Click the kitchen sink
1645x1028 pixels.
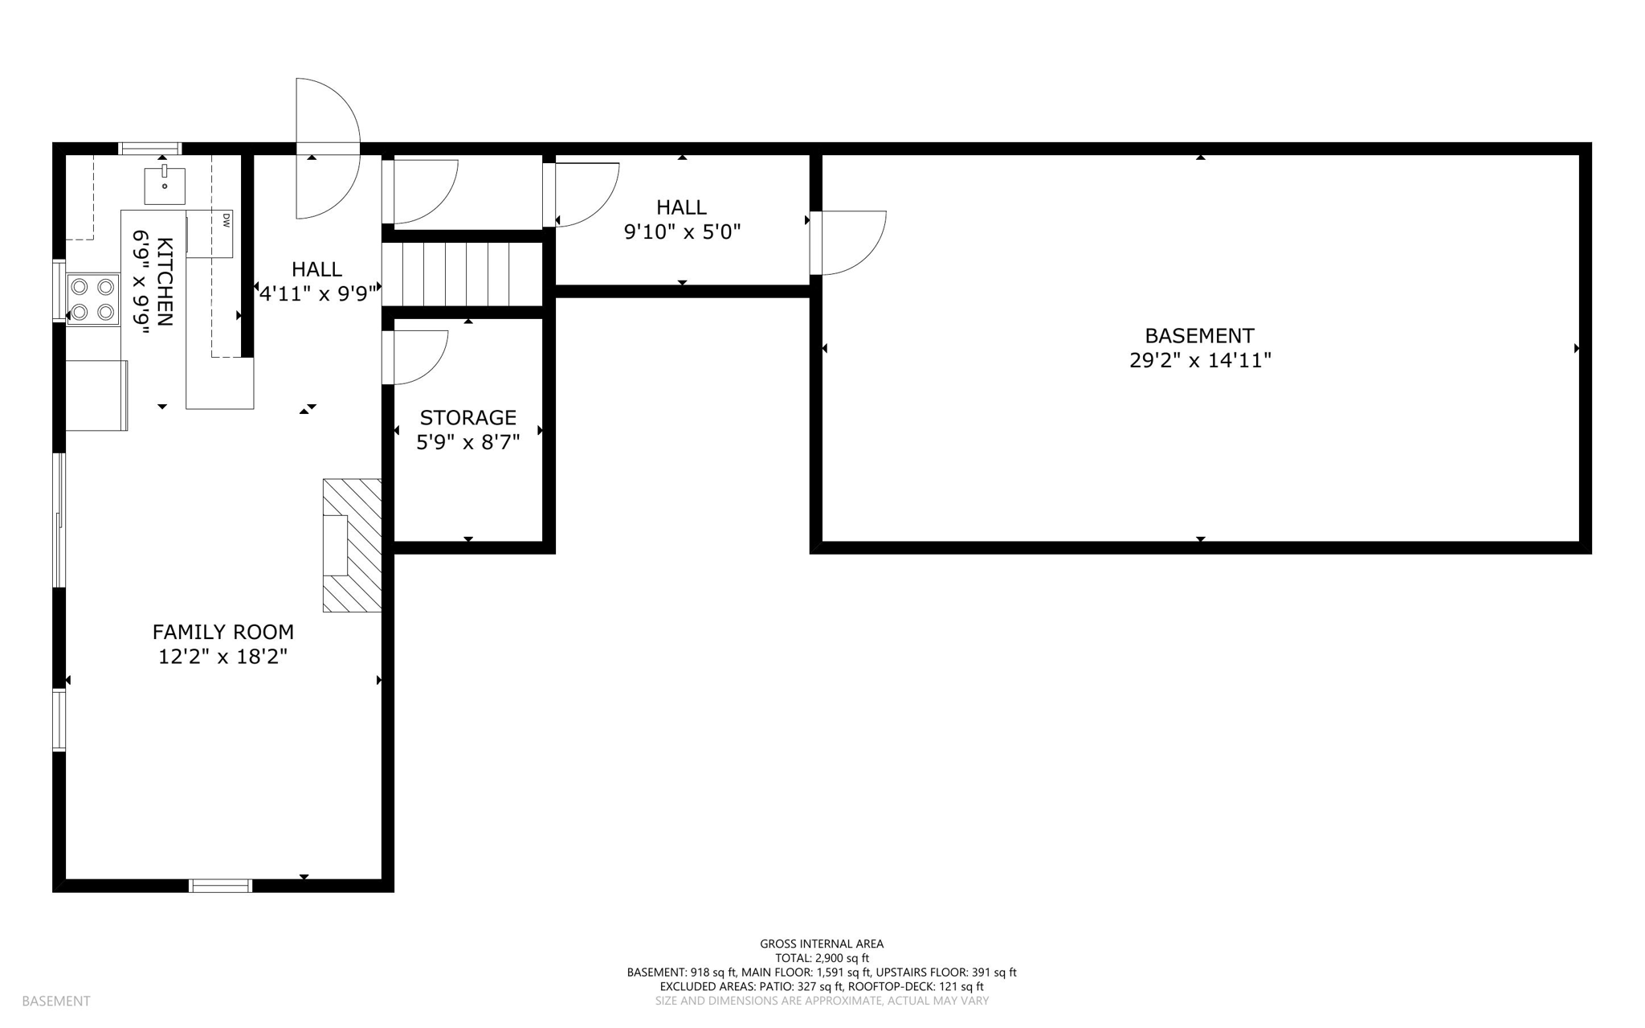coord(165,186)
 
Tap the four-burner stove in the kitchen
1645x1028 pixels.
coord(93,298)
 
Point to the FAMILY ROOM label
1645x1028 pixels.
coord(223,632)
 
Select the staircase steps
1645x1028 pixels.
coord(463,275)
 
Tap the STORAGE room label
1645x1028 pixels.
coord(468,418)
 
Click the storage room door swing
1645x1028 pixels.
coord(416,356)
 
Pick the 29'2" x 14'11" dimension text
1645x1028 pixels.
coord(1200,360)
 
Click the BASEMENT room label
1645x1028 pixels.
coord(1199,335)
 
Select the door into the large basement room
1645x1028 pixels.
coord(847,243)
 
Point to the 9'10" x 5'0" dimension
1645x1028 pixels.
coord(682,232)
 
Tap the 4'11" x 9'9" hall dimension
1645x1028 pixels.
coord(317,293)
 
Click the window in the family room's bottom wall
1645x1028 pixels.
coord(221,886)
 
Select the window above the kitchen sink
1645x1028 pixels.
coord(150,148)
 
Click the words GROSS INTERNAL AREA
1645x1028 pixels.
coord(822,944)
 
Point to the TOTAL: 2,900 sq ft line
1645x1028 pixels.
coord(822,958)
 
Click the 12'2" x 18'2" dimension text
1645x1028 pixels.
coord(223,657)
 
